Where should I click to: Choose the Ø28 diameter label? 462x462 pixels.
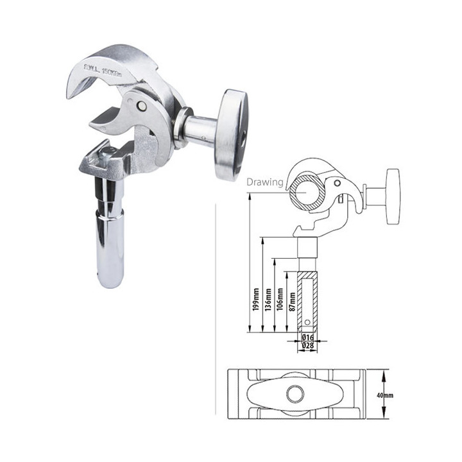click(x=307, y=346)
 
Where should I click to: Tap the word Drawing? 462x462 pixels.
click(x=265, y=182)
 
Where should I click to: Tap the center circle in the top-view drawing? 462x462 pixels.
click(x=296, y=392)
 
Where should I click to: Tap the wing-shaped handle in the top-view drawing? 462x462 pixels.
click(x=296, y=392)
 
